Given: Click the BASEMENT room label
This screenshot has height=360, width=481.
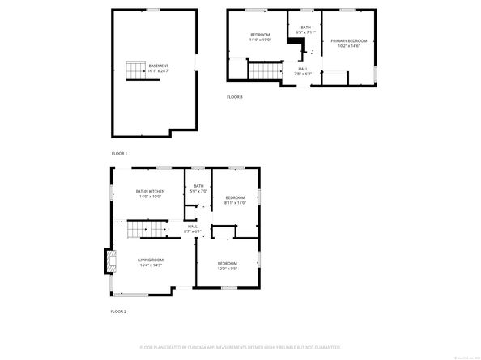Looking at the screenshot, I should pos(159,66).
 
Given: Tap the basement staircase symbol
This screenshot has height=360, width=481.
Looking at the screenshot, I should pos(134,70).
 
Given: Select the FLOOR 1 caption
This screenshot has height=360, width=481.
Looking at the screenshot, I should pos(119,153).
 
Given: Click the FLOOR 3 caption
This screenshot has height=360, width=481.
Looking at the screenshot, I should pos(234,96).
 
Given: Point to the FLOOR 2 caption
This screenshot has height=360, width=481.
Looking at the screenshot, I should pos(119,311).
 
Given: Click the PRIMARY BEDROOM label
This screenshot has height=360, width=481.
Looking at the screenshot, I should pos(348,40).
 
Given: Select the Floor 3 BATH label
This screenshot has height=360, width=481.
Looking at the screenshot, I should pos(305,28).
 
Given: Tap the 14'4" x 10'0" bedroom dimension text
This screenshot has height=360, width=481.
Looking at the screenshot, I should pos(260,40).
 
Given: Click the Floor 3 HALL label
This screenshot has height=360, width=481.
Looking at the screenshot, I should pos(303,69).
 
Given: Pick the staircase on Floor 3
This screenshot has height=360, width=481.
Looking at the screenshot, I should pos(263,74).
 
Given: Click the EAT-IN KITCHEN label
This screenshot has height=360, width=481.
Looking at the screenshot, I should pos(150,191).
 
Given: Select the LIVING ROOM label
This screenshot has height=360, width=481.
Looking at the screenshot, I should pos(151,260).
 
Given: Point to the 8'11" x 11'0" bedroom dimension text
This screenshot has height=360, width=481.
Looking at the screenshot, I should pos(235,202).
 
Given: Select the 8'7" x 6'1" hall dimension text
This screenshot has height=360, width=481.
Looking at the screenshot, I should pos(193,231).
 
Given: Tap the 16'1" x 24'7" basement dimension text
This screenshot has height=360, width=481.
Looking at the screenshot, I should pos(159,71).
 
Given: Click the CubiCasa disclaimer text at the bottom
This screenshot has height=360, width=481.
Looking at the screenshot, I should pos(239,346).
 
